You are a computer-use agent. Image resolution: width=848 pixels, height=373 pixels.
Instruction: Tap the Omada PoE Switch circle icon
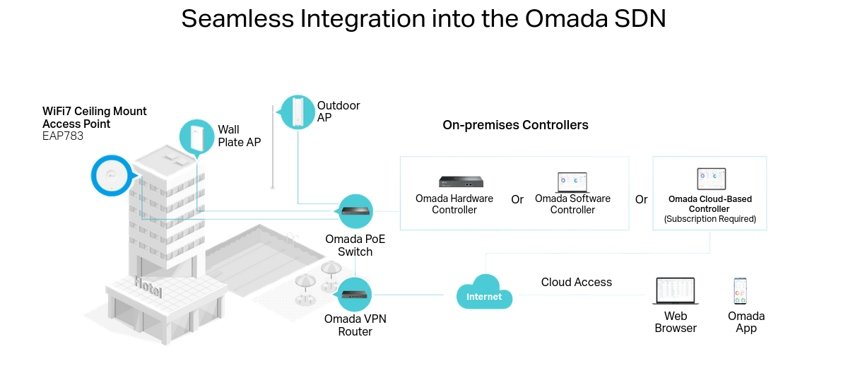[x=355, y=211]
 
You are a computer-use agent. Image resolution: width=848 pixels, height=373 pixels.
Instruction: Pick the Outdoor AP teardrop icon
[x=298, y=112]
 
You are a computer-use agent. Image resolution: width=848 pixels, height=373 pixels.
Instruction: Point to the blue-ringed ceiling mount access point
[x=112, y=175]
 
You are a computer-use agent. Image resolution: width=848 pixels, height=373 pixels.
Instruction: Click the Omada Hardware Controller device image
[x=461, y=182]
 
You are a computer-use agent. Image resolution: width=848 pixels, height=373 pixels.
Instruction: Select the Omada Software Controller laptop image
[x=572, y=182]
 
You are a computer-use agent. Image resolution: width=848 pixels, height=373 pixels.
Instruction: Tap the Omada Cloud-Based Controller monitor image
[x=710, y=179]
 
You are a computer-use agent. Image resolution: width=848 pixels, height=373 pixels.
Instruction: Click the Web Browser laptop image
[x=676, y=291]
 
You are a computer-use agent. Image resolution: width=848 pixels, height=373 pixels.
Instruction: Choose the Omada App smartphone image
[x=741, y=291]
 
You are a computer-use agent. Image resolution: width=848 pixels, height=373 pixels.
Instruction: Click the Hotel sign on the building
[x=148, y=287]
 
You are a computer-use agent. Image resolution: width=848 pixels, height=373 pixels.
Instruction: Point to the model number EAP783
[x=63, y=136]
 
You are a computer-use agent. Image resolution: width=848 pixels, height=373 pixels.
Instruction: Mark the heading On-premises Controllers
[x=515, y=126]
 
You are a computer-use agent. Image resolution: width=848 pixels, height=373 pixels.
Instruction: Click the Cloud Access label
[x=577, y=282]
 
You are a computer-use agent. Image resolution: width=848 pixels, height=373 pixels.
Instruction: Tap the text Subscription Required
[x=710, y=220]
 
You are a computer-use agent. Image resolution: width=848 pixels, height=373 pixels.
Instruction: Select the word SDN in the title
[x=640, y=19]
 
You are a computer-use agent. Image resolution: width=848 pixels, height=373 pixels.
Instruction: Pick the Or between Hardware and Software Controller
[x=517, y=200]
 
